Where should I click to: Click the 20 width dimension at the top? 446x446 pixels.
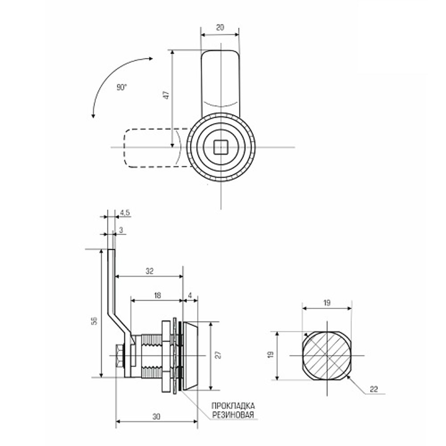click(219, 27)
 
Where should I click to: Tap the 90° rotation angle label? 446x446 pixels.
click(122, 88)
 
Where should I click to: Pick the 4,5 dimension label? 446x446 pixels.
click(124, 213)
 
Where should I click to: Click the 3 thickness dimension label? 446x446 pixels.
click(121, 231)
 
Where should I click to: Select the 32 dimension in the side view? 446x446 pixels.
click(149, 271)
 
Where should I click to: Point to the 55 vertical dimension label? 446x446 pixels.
click(94, 322)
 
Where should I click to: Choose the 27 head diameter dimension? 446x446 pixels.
click(218, 355)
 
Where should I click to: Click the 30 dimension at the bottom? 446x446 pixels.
click(156, 417)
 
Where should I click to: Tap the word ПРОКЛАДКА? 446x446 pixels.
click(233, 406)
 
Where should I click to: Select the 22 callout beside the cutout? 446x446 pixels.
click(374, 389)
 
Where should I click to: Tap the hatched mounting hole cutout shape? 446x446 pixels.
click(326, 355)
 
